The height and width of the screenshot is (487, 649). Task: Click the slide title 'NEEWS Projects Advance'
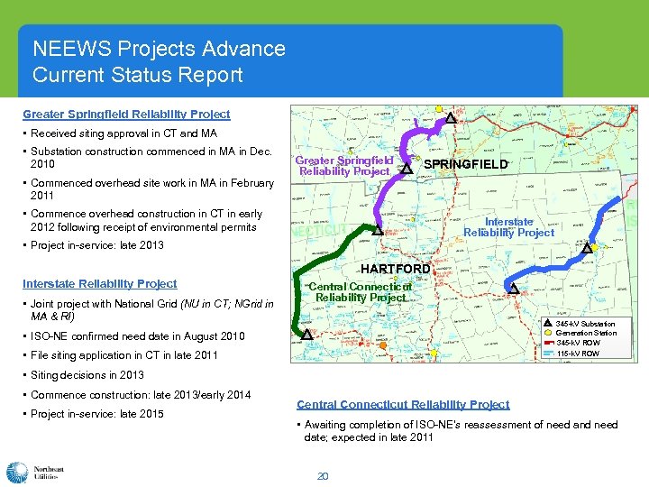click(x=159, y=49)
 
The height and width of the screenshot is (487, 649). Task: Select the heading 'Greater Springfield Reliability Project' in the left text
click(x=126, y=115)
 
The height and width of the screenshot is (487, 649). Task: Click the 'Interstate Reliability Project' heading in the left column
click(x=100, y=283)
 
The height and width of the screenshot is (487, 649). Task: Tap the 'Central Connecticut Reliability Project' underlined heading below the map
click(x=403, y=404)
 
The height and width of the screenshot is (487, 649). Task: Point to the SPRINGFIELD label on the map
click(x=465, y=165)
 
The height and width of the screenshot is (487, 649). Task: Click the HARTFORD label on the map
click(x=395, y=269)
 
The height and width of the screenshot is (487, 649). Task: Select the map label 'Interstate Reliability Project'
click(x=508, y=226)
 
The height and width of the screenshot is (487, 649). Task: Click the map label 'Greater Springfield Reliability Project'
click(x=345, y=166)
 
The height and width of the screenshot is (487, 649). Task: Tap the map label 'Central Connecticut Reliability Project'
click(x=361, y=292)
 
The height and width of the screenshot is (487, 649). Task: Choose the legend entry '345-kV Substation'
click(x=585, y=324)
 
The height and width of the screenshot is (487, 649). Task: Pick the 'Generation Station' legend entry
click(x=586, y=334)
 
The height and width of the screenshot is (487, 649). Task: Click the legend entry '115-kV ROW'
click(x=577, y=354)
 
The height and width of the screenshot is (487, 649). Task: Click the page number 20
click(x=322, y=475)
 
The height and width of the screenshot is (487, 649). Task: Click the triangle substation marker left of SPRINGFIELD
click(x=407, y=168)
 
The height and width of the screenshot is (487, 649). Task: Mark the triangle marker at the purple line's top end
click(x=451, y=117)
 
